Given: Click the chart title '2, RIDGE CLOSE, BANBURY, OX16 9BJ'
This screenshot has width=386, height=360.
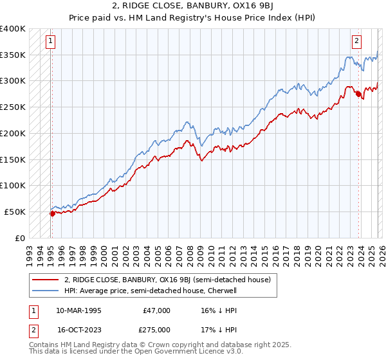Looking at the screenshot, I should (x=193, y=7).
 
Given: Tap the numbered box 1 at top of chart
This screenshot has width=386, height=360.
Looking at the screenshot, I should (x=50, y=41).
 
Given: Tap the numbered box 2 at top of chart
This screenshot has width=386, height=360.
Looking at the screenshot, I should (x=356, y=41).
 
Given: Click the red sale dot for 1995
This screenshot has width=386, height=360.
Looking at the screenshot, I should (x=52, y=213).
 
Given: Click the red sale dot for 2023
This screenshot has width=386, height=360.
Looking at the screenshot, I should (x=358, y=94).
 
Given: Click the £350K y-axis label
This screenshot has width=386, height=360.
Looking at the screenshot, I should (x=14, y=55).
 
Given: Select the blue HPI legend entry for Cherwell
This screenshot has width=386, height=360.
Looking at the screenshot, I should (x=151, y=291).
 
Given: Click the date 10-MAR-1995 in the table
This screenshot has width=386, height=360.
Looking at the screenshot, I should (x=78, y=310).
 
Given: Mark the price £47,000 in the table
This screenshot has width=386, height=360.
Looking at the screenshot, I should (x=157, y=310).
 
